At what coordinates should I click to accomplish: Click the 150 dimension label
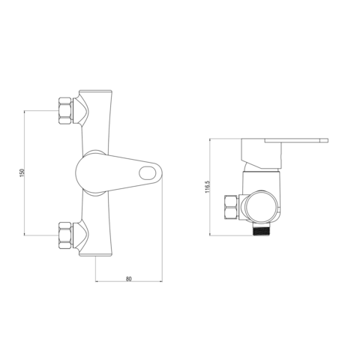tap(22, 172)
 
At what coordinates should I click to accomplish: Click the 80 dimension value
tap(129, 279)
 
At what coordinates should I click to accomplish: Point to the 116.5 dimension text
tap(207, 187)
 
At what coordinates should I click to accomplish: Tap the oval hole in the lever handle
tap(147, 173)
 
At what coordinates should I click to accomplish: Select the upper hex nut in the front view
tap(65, 110)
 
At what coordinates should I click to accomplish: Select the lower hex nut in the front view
tap(65, 235)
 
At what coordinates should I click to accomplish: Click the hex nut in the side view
tap(232, 207)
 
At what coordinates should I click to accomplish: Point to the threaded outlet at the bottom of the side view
tap(260, 229)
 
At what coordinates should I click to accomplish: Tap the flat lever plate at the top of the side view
tap(296, 140)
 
